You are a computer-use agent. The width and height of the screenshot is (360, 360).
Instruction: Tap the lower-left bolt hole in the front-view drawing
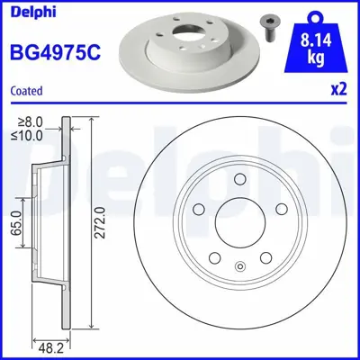tap(213, 258)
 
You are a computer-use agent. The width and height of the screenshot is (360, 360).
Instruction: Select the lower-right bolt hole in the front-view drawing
tap(266, 258)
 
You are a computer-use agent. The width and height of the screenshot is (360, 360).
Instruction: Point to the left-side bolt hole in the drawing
tap(197, 208)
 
